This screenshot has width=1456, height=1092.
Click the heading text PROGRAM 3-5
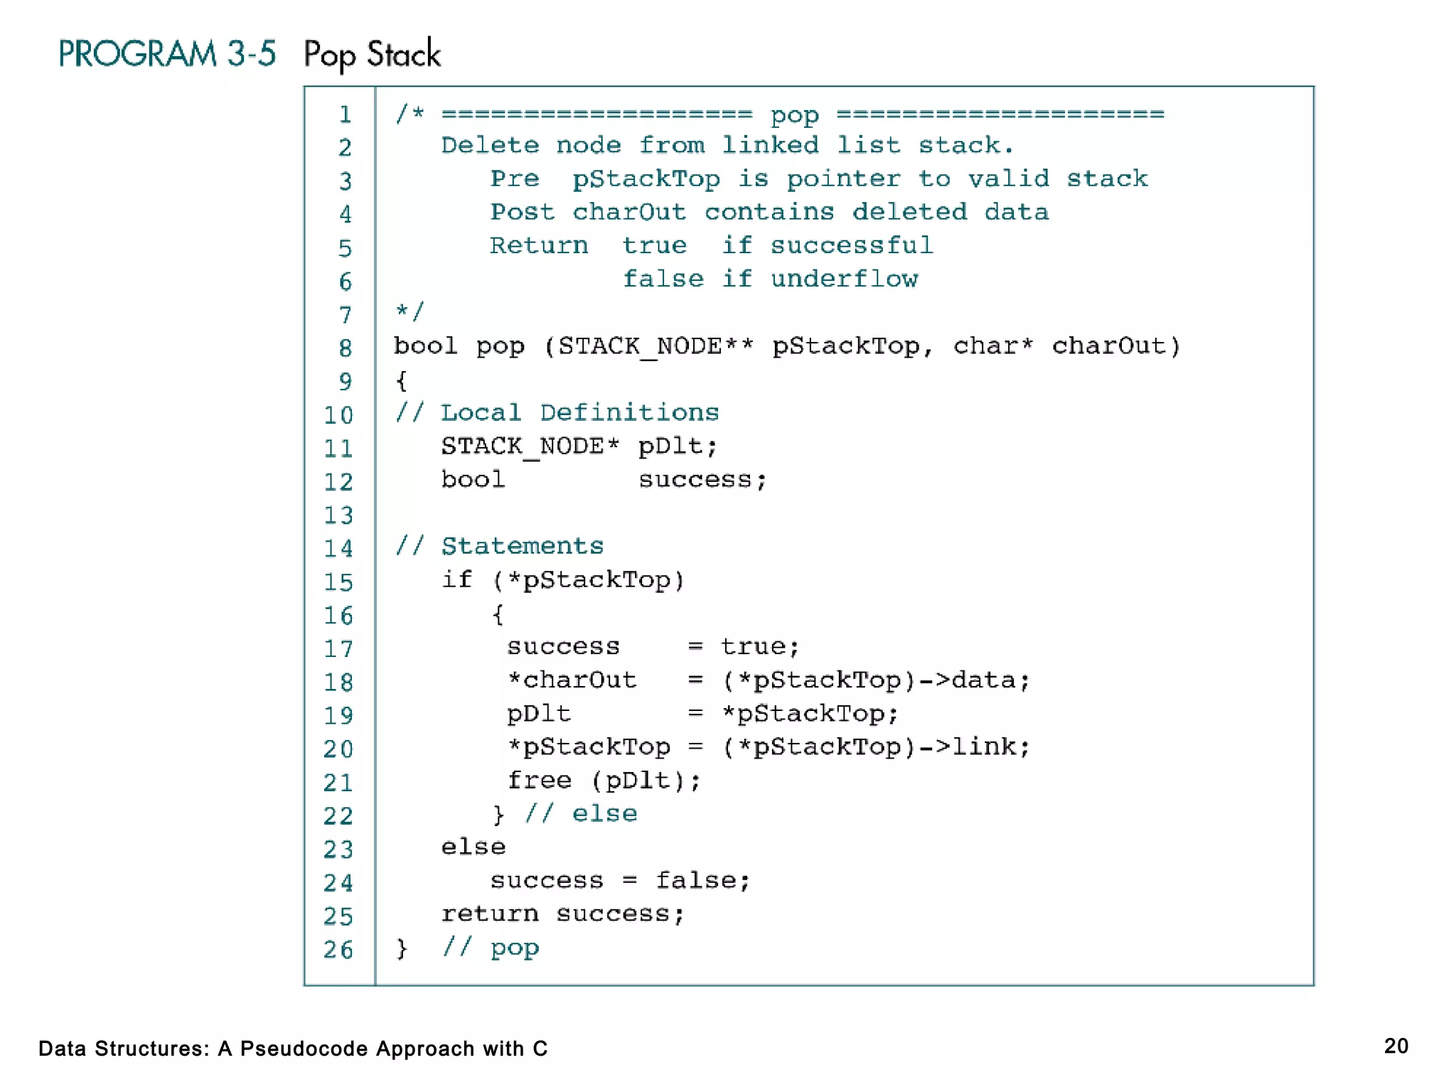[167, 54]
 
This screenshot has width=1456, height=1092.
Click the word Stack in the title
[403, 54]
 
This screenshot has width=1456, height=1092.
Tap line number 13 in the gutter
[338, 515]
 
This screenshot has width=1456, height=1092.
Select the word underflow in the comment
[844, 279]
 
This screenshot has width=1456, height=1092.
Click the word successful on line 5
[851, 245]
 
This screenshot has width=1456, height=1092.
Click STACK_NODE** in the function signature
[655, 346]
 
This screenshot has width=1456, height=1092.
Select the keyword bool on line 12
[473, 479]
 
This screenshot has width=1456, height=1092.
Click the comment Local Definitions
[579, 412]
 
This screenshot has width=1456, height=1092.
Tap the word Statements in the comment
[522, 546]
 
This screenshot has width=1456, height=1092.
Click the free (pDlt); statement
[604, 781]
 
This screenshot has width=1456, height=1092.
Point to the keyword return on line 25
[490, 914]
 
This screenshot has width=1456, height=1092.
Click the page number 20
[1396, 1046]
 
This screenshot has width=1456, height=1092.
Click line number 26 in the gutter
[338, 950]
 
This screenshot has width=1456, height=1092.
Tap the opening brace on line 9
[402, 380]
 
